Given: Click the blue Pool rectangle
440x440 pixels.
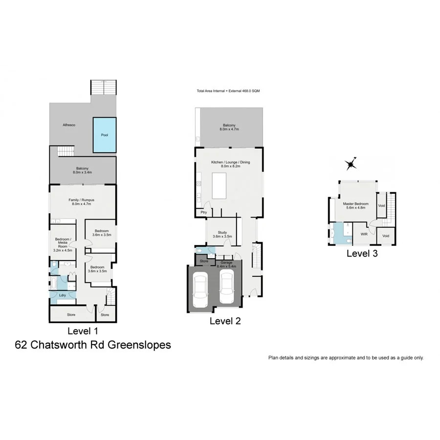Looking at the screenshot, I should (104, 134).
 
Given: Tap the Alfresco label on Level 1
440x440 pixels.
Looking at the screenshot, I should (68, 125).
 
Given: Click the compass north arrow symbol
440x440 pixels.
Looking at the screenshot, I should (351, 164).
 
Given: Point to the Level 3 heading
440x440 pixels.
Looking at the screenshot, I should (362, 253).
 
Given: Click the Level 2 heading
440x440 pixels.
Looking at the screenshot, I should (225, 321).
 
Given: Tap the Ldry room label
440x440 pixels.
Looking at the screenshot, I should (63, 295).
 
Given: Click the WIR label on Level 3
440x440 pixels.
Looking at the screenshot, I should (364, 235).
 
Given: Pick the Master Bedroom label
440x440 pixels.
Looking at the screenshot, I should (355, 206).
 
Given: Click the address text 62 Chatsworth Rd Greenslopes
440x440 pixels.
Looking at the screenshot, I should (93, 345).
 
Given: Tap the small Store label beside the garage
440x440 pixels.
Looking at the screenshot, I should (204, 261).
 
